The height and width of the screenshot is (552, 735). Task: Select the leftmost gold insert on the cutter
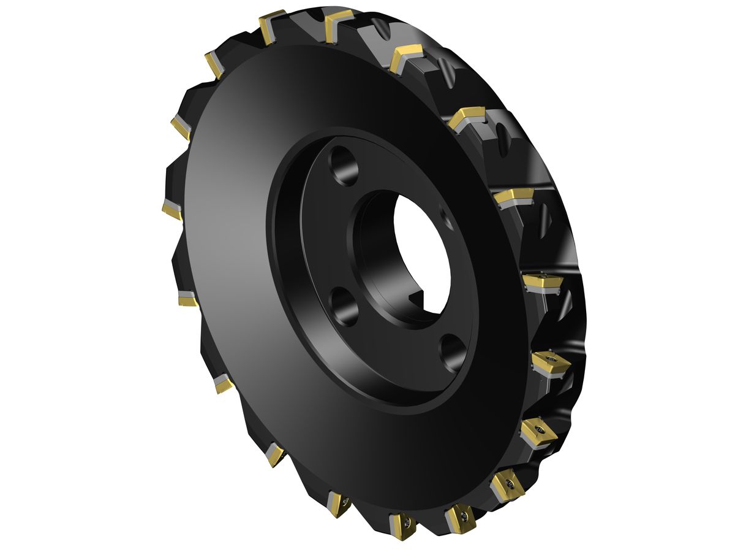click(x=171, y=209)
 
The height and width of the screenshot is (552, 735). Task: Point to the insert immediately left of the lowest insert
click(x=339, y=503)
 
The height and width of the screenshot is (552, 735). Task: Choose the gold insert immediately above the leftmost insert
click(x=180, y=127)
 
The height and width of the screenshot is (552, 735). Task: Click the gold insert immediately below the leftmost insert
click(x=187, y=299)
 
